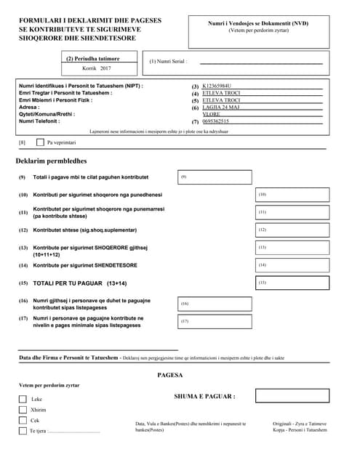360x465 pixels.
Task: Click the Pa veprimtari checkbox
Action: click(40, 142)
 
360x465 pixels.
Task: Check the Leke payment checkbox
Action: click(23, 399)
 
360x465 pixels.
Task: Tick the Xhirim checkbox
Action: click(23, 410)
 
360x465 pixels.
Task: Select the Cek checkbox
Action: click(23, 420)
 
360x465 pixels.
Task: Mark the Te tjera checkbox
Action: click(23, 431)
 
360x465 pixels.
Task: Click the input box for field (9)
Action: click(215, 177)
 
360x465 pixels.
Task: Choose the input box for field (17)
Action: click(215, 321)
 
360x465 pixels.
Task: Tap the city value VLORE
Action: click(212, 114)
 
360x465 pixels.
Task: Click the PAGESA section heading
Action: click(169, 376)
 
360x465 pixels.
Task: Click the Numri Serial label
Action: click(169, 62)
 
